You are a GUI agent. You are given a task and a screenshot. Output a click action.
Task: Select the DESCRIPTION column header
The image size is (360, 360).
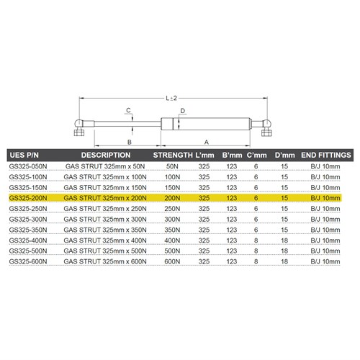pos(105,155)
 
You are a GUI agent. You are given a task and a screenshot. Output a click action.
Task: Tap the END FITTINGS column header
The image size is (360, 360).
pos(325,155)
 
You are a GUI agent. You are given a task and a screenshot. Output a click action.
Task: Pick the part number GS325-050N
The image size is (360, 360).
pos(27,166)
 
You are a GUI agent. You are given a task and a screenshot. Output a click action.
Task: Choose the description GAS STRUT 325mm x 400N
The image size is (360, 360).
pos(105,240)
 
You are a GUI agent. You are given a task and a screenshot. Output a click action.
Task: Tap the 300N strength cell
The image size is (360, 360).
pos(171,218)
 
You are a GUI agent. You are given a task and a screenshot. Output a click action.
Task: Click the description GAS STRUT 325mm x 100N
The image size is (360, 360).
pos(105,176)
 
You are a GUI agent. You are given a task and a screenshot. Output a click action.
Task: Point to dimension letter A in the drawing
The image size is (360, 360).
pos(207,142)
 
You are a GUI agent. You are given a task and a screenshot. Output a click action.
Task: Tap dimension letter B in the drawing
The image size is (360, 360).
pos(128,142)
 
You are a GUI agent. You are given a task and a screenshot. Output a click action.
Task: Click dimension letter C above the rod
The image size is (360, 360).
pos(128,110)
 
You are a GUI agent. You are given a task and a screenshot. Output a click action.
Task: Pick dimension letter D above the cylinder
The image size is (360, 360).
pos(184,111)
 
